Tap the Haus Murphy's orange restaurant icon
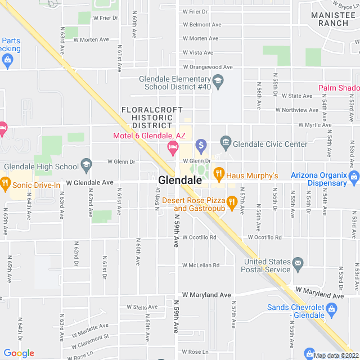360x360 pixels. (219, 173)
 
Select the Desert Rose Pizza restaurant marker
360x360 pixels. (231, 201)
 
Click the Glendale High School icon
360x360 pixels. (86, 164)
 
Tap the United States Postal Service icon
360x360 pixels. (298, 263)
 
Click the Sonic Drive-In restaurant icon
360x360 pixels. (6, 182)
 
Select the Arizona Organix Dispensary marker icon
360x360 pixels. (354, 178)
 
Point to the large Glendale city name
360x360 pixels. (180, 181)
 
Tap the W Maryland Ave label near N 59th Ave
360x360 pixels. (206, 295)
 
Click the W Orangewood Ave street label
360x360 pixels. (206, 67)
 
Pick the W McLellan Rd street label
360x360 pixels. (200, 265)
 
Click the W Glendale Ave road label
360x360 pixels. (90, 183)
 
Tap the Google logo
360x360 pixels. (19, 353)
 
